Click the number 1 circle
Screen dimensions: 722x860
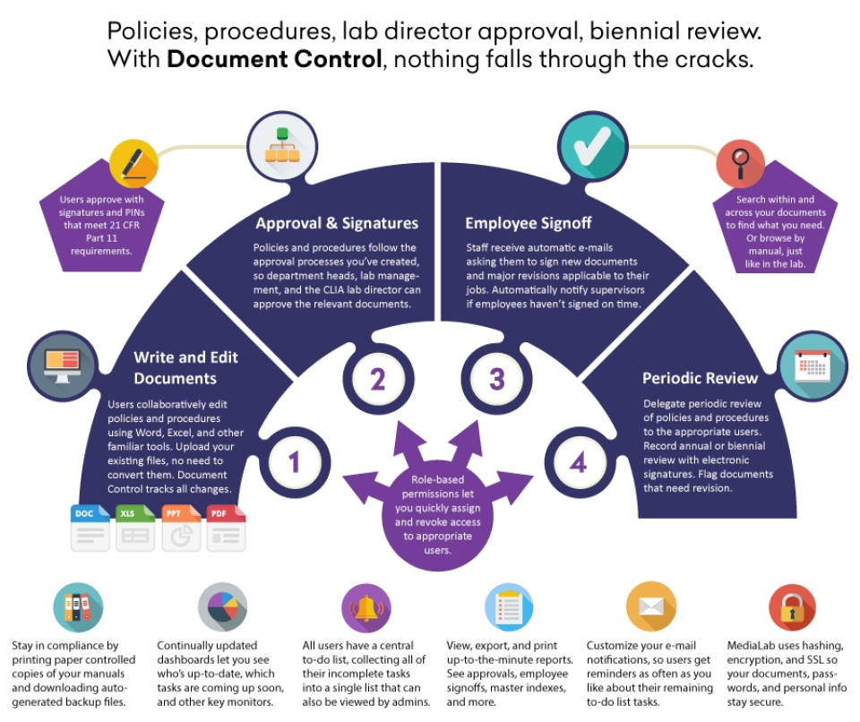pyautogui.click(x=293, y=460)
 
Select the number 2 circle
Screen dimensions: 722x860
pyautogui.click(x=377, y=380)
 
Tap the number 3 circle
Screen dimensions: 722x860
pyautogui.click(x=496, y=380)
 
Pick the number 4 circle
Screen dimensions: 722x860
pyautogui.click(x=578, y=462)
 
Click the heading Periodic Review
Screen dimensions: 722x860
pyautogui.click(x=701, y=378)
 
